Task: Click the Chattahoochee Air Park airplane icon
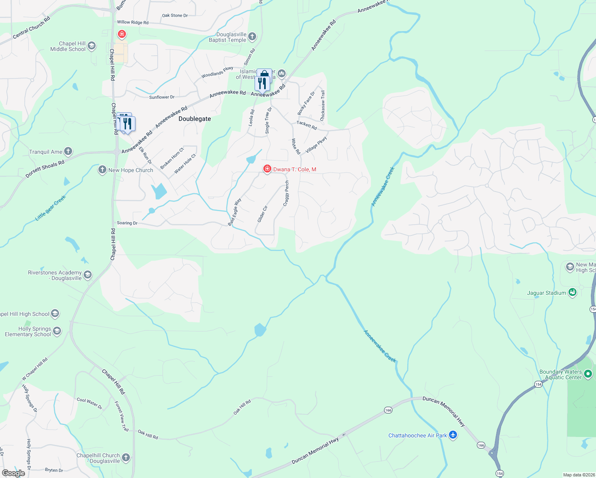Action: pyautogui.click(x=453, y=435)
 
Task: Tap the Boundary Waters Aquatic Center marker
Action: pyautogui.click(x=588, y=374)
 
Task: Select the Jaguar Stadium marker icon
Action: pyautogui.click(x=572, y=293)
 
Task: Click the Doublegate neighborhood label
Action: pyautogui.click(x=194, y=119)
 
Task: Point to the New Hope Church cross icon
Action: pyautogui.click(x=102, y=170)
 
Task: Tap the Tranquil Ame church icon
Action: pyautogui.click(x=68, y=151)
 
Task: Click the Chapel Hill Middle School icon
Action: pyautogui.click(x=92, y=46)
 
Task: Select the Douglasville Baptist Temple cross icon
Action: pyautogui.click(x=252, y=37)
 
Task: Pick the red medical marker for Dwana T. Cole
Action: pyautogui.click(x=267, y=169)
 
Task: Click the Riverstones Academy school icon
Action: pyautogui.click(x=88, y=275)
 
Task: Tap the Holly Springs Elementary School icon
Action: pyautogui.click(x=57, y=331)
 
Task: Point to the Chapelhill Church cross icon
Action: pyautogui.click(x=126, y=458)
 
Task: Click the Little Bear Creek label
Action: pyautogui.click(x=51, y=208)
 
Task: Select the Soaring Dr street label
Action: pyautogui.click(x=127, y=223)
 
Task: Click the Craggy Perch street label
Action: pyautogui.click(x=286, y=194)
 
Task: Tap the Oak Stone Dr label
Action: pyautogui.click(x=174, y=16)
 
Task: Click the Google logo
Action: pyautogui.click(x=14, y=473)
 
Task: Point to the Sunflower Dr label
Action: pyautogui.click(x=162, y=97)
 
